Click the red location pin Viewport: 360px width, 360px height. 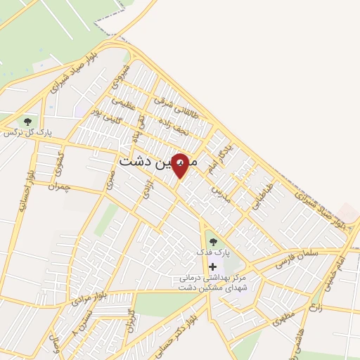181,165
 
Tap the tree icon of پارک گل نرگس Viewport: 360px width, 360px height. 27,122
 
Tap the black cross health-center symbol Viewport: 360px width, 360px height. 213,266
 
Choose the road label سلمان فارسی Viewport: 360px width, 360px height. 298,251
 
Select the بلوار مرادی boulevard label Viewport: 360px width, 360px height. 89,298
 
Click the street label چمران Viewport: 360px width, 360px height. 60,185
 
